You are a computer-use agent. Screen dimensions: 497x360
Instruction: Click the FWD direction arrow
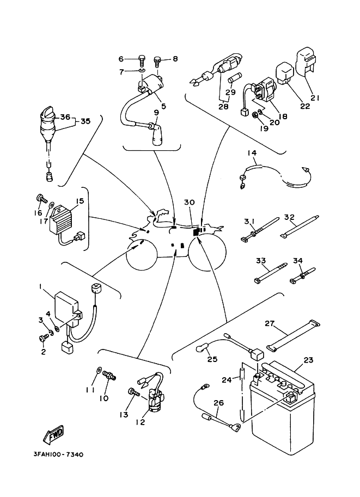(x=53, y=434)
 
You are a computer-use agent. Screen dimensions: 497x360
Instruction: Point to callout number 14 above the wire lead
(x=252, y=154)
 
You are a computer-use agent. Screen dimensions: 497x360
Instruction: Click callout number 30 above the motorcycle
(x=189, y=202)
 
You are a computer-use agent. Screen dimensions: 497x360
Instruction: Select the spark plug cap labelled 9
(x=158, y=137)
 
